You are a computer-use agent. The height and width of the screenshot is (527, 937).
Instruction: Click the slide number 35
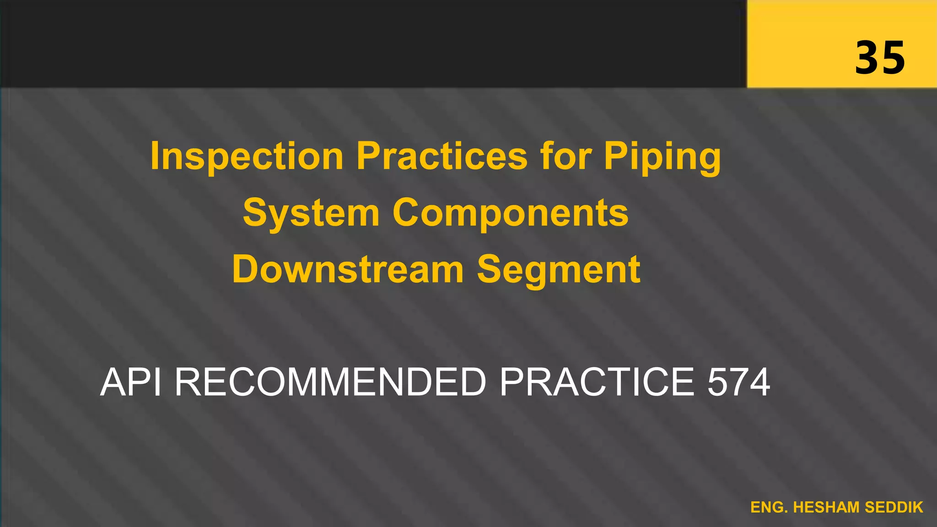pyautogui.click(x=880, y=58)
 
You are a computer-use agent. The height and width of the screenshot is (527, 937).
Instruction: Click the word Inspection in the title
pyautogui.click(x=247, y=157)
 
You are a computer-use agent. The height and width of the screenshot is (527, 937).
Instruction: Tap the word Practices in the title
pyautogui.click(x=442, y=157)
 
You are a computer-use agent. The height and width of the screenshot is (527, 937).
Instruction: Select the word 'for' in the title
pyautogui.click(x=565, y=157)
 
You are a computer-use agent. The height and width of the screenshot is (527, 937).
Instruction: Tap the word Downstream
pyautogui.click(x=348, y=269)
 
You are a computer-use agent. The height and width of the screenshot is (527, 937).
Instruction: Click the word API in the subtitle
pyautogui.click(x=131, y=382)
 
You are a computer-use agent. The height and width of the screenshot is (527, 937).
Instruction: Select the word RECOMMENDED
pyautogui.click(x=330, y=382)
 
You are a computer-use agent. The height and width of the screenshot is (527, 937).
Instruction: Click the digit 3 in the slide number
pyautogui.click(x=867, y=58)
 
